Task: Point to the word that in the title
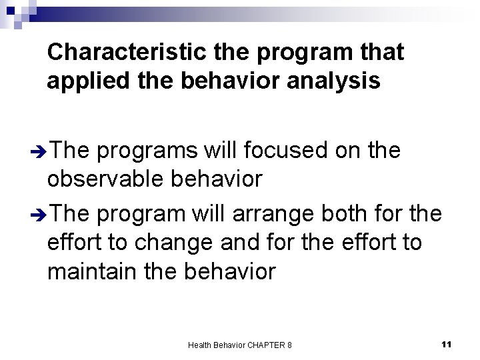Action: click(x=378, y=52)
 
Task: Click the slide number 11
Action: click(x=447, y=343)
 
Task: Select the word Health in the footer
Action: click(x=200, y=345)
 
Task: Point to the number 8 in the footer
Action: click(x=289, y=345)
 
